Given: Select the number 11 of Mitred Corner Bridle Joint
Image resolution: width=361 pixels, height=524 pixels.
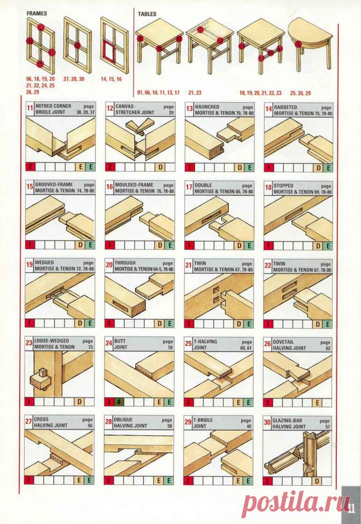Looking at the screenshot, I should (x=30, y=109).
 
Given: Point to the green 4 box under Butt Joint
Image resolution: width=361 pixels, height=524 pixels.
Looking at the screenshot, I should (x=120, y=402).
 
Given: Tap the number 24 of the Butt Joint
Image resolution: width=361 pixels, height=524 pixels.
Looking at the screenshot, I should (x=109, y=345).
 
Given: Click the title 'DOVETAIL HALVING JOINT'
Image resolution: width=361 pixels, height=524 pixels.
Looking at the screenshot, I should (x=295, y=344).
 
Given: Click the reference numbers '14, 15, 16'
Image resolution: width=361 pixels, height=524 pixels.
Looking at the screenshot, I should (x=111, y=79).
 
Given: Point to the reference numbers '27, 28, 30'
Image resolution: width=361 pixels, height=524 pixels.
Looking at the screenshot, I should (x=74, y=79).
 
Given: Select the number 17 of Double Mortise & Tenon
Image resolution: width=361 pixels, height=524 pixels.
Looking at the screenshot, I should (x=188, y=188).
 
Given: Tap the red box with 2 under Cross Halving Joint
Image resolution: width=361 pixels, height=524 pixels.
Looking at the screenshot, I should (x=30, y=481).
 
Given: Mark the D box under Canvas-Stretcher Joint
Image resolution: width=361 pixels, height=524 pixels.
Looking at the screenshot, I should (x=160, y=167).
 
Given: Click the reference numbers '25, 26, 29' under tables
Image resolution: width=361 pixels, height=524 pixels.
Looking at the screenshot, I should (x=300, y=93).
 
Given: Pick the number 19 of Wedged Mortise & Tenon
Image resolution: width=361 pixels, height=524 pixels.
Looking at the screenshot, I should (x=30, y=266).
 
